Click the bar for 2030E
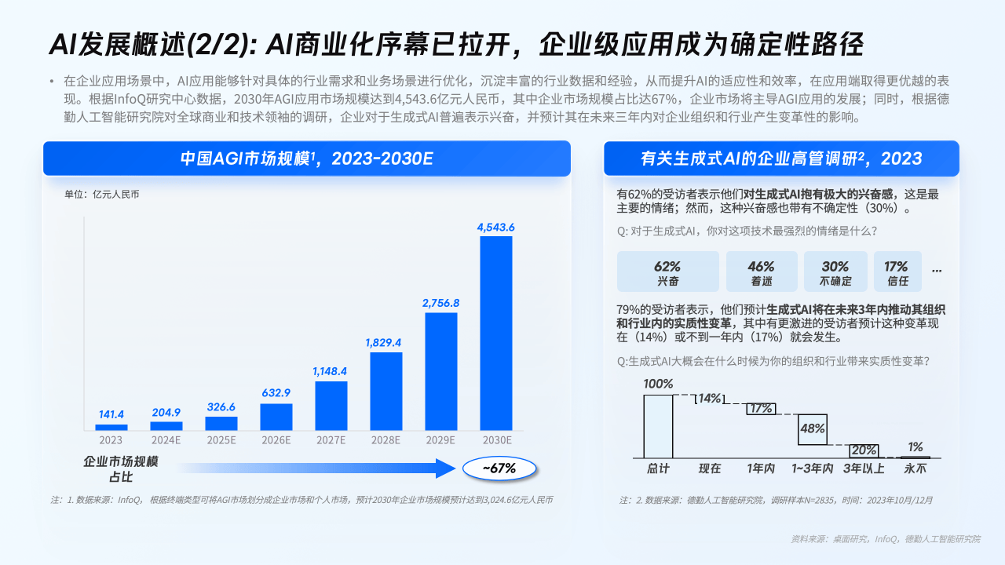496,333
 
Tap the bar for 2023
111,427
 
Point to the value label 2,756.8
440,303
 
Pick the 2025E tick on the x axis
221,440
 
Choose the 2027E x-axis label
331,440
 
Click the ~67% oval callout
499,468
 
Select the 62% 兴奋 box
668,272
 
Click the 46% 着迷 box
762,272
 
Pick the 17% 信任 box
897,272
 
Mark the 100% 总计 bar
658,426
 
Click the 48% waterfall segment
813,428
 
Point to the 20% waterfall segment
864,450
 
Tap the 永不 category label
915,468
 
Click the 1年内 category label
761,468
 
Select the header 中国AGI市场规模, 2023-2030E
306,159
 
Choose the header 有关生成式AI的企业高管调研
781,159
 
